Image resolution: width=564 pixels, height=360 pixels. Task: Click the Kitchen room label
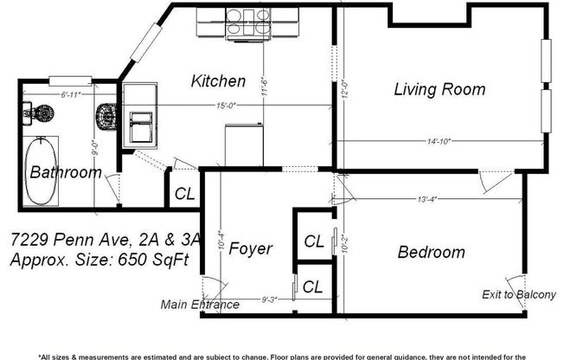point(218,81)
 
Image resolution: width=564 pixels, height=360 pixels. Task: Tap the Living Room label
point(439,89)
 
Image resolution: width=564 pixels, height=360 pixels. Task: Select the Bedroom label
point(431,253)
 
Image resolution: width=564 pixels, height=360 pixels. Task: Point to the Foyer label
point(251,249)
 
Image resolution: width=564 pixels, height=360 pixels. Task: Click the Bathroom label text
point(65,172)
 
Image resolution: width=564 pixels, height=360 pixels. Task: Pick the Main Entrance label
point(200,305)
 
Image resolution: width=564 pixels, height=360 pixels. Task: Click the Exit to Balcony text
point(518,295)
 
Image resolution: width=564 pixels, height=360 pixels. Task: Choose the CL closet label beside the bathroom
point(184,194)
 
